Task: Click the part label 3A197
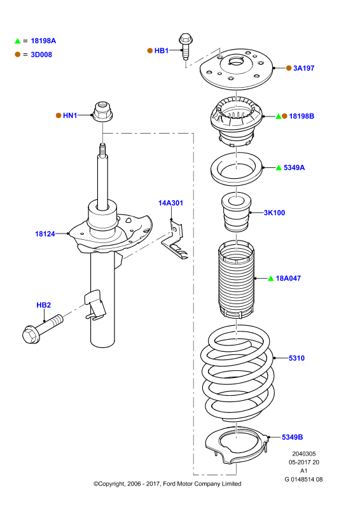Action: (303, 68)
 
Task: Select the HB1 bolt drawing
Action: (186, 46)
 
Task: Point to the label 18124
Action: (45, 234)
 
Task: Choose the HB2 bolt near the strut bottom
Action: (43, 328)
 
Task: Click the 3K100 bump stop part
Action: (236, 213)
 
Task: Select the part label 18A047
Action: (288, 278)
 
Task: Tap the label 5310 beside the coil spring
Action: (296, 358)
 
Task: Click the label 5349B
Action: (292, 437)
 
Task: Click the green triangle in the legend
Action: (18, 41)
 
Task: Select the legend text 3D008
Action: (41, 55)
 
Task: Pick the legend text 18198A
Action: (43, 41)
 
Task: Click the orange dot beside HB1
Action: (150, 51)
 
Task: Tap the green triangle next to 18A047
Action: (271, 278)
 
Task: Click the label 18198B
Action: (301, 116)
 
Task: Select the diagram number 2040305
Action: (304, 454)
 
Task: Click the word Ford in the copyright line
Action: (169, 484)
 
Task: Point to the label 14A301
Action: (170, 203)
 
